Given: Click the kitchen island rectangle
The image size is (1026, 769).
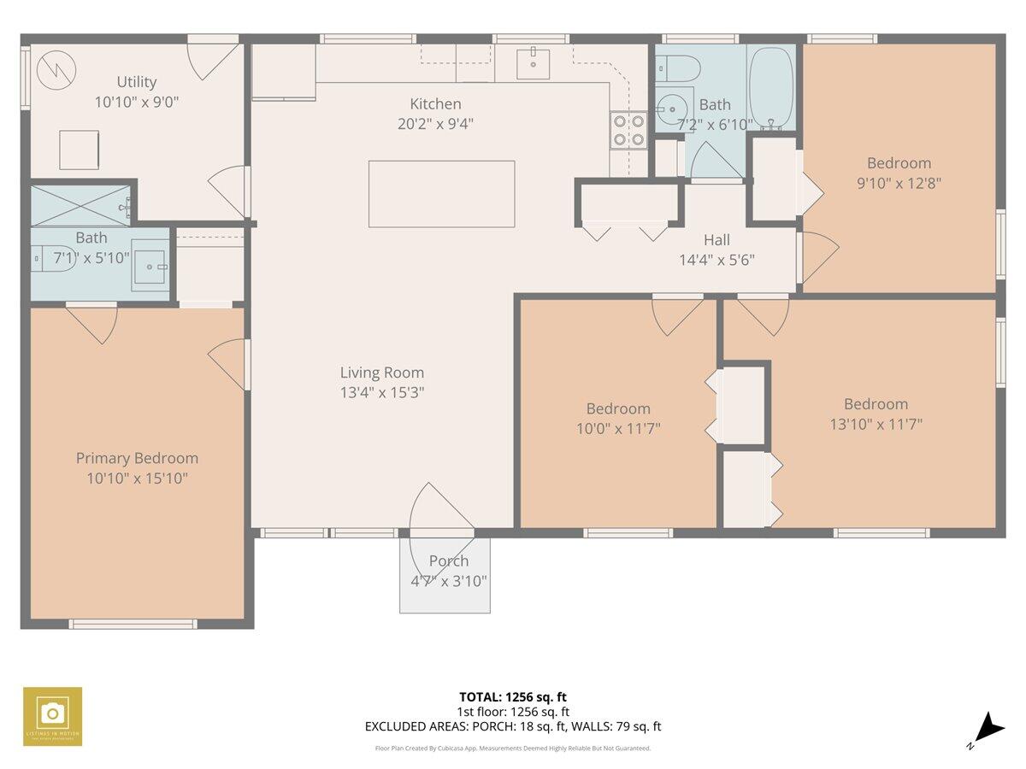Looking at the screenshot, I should click(441, 194).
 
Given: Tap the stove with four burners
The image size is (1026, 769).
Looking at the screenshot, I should click(628, 131).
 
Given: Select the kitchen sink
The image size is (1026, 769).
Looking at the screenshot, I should click(534, 59).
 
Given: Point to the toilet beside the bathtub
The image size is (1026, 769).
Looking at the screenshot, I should click(681, 68).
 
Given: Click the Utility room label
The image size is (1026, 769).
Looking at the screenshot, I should click(137, 82).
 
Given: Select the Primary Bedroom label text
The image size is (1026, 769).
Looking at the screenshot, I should click(137, 459).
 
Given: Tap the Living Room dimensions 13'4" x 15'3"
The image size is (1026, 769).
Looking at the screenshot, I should click(382, 393).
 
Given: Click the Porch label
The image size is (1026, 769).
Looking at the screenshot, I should click(449, 561).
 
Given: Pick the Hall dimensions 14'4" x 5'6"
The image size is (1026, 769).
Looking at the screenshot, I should click(716, 260).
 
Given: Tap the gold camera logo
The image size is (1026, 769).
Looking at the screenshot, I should click(53, 716).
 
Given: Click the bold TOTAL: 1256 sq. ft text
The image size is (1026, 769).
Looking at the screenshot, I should click(513, 697).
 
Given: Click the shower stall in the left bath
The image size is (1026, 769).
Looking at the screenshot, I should click(80, 205).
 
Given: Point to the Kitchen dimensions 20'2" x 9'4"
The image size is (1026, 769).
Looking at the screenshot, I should click(436, 123).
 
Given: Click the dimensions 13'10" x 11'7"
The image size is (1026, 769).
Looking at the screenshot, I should click(876, 423).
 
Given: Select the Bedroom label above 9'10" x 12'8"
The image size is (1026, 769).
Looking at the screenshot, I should click(899, 163).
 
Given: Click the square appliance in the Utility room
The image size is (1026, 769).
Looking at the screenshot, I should click(79, 150).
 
